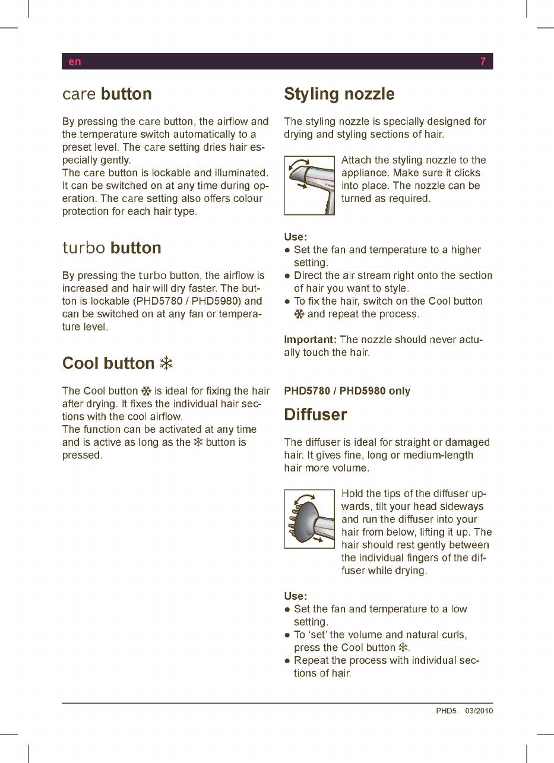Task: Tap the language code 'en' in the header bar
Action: [74, 62]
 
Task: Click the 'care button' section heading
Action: [107, 94]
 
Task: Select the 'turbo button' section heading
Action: [112, 248]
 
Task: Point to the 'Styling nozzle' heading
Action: [339, 94]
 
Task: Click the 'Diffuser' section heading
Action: [315, 414]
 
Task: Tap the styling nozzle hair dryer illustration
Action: [309, 185]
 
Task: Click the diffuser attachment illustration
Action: [309, 518]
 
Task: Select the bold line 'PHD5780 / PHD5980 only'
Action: [347, 391]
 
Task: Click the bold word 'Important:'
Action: [311, 340]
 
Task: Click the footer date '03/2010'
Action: [479, 711]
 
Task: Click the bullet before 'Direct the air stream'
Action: [287, 276]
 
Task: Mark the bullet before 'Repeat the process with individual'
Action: [287, 660]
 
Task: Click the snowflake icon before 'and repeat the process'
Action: [299, 314]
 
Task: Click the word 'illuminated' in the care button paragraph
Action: [239, 173]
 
